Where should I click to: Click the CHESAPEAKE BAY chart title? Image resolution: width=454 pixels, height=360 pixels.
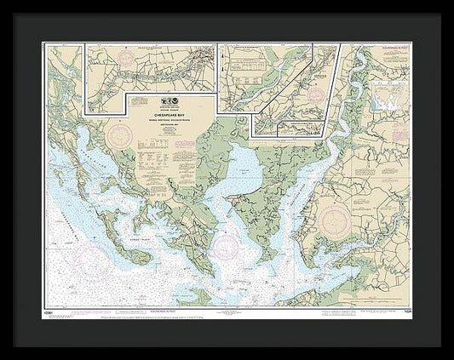[172, 110]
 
